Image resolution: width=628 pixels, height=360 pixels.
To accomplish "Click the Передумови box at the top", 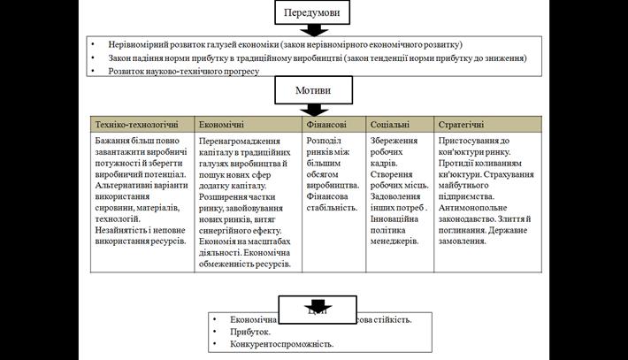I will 312,12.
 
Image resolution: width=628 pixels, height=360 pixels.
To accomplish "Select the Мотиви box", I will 312,90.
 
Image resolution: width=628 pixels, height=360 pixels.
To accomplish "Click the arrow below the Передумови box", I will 312,30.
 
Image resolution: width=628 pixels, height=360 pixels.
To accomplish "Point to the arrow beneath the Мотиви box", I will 312,109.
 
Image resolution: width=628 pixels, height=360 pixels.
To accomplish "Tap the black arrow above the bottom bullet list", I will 317,307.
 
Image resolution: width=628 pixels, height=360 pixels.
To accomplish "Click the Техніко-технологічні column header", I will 142,126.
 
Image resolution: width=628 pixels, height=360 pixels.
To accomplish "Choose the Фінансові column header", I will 333,126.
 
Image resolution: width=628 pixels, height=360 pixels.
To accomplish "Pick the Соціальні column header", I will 400,126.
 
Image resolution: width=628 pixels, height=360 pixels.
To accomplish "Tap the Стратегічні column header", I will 487,126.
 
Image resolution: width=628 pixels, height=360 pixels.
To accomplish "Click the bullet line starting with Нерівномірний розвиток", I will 285,44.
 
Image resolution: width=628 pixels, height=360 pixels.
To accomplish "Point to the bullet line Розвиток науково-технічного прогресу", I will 183,72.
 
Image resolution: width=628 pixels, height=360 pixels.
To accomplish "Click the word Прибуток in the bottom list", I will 255,332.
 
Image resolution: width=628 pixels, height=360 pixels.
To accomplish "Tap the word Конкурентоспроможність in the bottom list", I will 281,344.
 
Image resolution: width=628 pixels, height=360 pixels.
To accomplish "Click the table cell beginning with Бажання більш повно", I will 142,190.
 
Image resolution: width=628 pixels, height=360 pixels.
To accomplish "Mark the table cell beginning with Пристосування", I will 487,190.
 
